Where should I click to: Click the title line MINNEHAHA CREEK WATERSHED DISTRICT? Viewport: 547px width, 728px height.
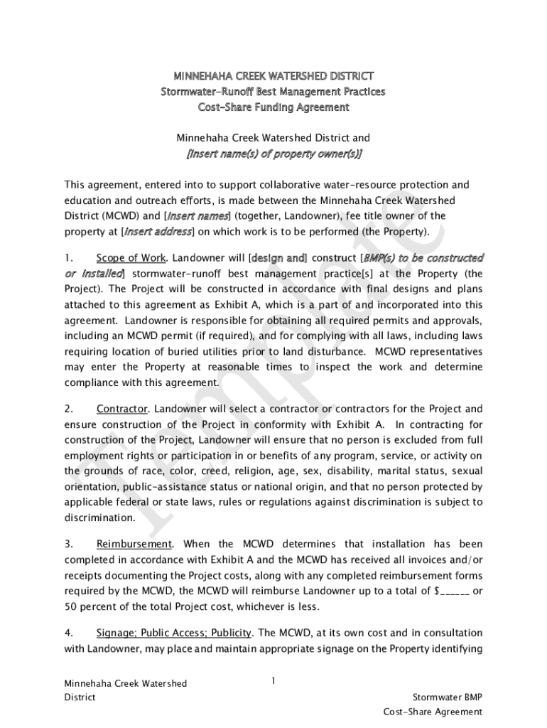click(273, 75)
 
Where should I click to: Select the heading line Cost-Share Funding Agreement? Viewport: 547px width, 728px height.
click(273, 107)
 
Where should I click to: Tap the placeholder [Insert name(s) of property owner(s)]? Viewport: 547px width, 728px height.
click(273, 154)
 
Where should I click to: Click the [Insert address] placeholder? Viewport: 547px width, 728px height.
click(158, 231)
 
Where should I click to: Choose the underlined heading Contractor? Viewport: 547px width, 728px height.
click(122, 409)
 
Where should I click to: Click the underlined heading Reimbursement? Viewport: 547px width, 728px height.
click(134, 544)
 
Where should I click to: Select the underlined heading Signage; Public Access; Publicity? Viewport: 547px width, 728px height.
click(174, 633)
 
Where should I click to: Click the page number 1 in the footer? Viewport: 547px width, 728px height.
click(273, 681)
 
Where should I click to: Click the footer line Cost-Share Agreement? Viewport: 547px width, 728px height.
click(433, 712)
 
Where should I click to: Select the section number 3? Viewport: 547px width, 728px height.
click(68, 544)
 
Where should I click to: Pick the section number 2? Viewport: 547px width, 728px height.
click(68, 409)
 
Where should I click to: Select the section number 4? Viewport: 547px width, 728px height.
click(68, 633)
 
